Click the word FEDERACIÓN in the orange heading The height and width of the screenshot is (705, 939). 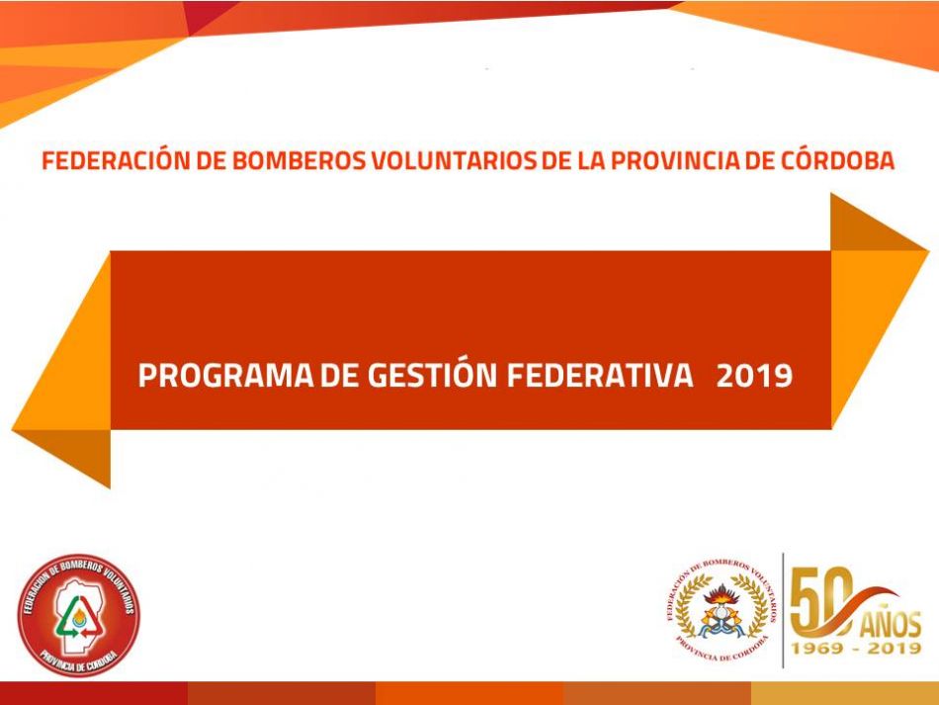tap(116, 159)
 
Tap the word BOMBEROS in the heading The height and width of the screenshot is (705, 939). tap(299, 160)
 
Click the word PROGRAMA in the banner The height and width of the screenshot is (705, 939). tap(225, 376)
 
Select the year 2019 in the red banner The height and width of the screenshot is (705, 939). tap(754, 376)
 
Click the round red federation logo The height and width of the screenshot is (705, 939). tap(78, 616)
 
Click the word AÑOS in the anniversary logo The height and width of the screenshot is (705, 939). tap(891, 624)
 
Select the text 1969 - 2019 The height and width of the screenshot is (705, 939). tap(856, 648)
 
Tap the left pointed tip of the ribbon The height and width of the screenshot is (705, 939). tap(12, 429)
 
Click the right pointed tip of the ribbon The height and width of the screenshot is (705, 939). tap(929, 250)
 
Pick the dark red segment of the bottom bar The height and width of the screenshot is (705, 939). tap(94, 693)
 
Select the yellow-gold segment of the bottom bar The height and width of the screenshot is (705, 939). tap(845, 693)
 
